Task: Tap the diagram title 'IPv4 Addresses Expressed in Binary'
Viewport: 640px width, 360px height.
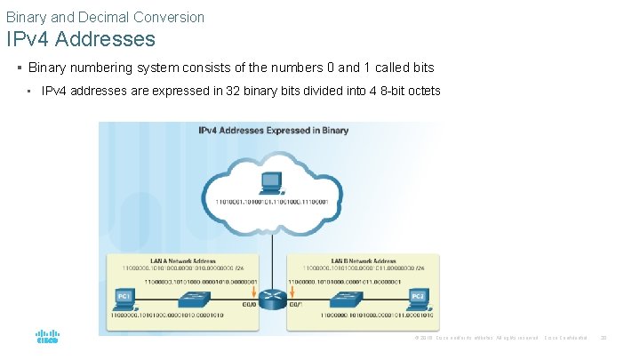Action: click(x=273, y=131)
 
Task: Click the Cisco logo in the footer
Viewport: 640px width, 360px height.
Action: click(x=46, y=338)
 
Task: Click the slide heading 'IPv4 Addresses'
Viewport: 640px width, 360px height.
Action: click(x=81, y=39)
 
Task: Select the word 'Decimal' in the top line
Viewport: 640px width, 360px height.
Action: click(x=120, y=17)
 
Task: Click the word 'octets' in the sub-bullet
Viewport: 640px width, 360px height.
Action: click(x=421, y=91)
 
